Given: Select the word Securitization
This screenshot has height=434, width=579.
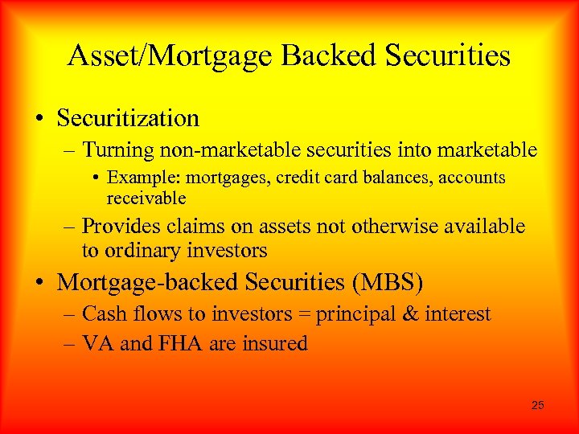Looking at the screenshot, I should click(129, 118).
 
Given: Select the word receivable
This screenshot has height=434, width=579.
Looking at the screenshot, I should click(146, 197).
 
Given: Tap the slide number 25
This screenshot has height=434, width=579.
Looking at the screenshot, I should click(538, 405).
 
